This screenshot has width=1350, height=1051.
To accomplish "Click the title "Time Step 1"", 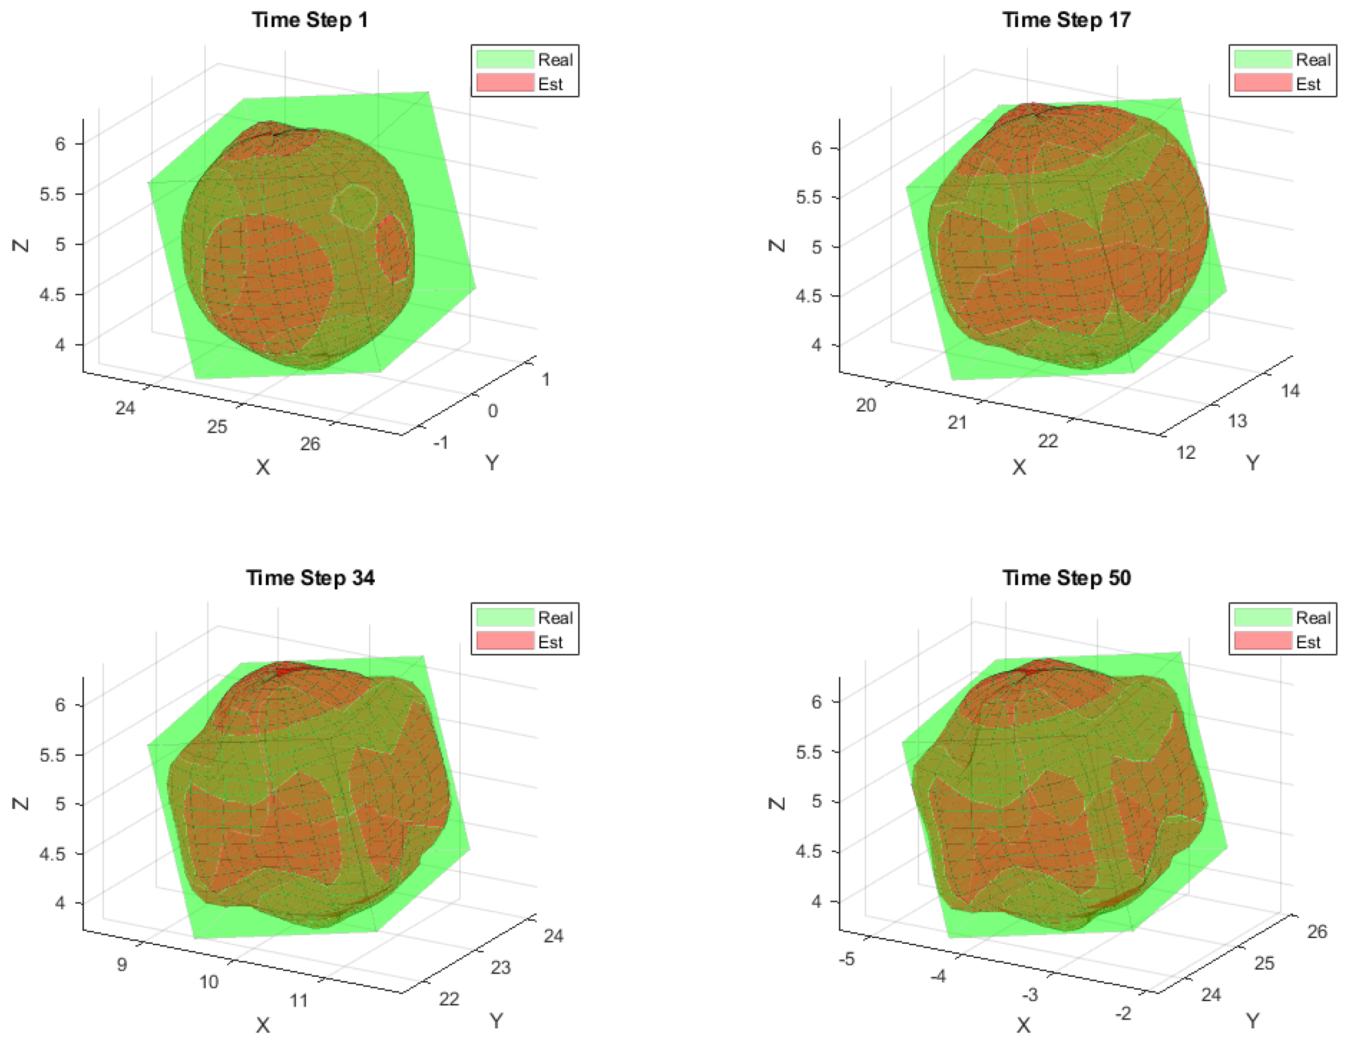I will (x=310, y=20).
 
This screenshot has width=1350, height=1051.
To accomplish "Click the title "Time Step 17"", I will (x=1066, y=20).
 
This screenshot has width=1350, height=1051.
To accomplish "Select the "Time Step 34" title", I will (x=310, y=578).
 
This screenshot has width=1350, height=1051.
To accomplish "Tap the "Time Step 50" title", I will (x=1066, y=578).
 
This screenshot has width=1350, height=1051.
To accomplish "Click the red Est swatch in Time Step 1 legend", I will (x=504, y=83).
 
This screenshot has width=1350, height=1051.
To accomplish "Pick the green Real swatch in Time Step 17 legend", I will (x=1262, y=60).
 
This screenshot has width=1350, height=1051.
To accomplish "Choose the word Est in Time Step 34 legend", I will (x=550, y=642).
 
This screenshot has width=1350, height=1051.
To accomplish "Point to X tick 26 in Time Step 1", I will (x=310, y=443).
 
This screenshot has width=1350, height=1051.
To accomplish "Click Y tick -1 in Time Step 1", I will (x=441, y=443).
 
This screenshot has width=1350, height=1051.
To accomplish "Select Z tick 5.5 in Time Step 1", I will (x=53, y=194).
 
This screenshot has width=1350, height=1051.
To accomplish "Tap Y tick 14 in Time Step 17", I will (x=1290, y=391).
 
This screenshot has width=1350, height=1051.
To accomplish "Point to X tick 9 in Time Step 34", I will (x=122, y=964).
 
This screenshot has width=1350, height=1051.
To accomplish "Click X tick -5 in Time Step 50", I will (x=847, y=959).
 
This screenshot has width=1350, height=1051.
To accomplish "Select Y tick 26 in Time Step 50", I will (x=1316, y=931).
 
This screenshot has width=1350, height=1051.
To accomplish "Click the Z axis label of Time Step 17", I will (x=777, y=245).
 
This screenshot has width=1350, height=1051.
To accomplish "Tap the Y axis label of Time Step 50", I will (x=1253, y=1021).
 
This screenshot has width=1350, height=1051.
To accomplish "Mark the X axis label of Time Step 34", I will (x=263, y=1025).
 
